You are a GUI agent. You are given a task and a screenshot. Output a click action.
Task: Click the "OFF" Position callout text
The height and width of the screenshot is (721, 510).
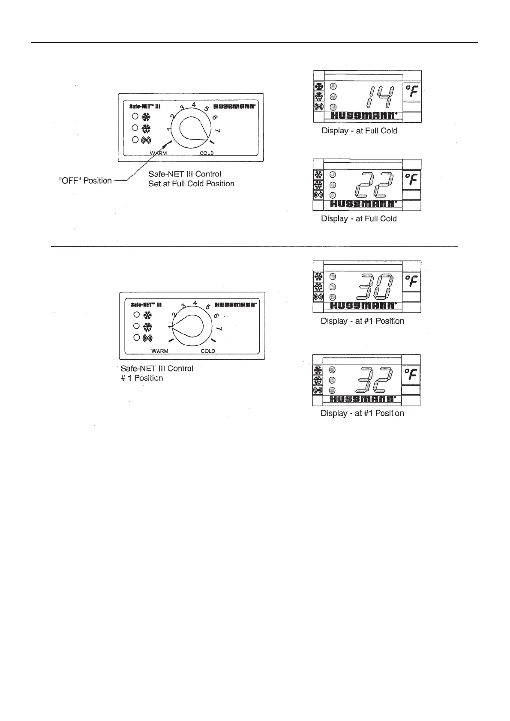coord(85,181)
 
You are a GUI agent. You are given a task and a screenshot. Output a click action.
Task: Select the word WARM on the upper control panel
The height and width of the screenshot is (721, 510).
coord(158,153)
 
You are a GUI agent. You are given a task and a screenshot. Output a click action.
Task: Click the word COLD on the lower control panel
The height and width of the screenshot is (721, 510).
coord(208,351)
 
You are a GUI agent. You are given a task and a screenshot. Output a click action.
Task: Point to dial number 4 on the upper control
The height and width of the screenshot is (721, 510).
coord(194,104)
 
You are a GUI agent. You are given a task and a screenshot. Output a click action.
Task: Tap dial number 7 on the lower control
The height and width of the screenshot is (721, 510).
coord(219,329)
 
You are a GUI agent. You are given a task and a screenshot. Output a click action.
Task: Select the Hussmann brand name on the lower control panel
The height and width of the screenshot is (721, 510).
coord(236,305)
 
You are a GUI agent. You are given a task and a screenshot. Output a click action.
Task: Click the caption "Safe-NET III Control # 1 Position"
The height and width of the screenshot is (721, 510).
coord(157,373)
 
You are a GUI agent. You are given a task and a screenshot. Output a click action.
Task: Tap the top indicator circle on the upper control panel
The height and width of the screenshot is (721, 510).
coord(135,116)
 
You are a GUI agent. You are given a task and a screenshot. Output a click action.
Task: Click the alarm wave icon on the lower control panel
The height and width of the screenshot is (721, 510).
coord(147,338)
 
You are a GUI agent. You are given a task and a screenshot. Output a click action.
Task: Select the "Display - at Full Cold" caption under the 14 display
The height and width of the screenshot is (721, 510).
coord(359,131)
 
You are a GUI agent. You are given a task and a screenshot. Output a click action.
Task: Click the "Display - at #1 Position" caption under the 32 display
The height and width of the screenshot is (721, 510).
coord(362,413)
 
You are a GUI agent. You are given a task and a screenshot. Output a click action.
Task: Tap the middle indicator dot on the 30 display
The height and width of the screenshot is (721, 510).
coord(333,287)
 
